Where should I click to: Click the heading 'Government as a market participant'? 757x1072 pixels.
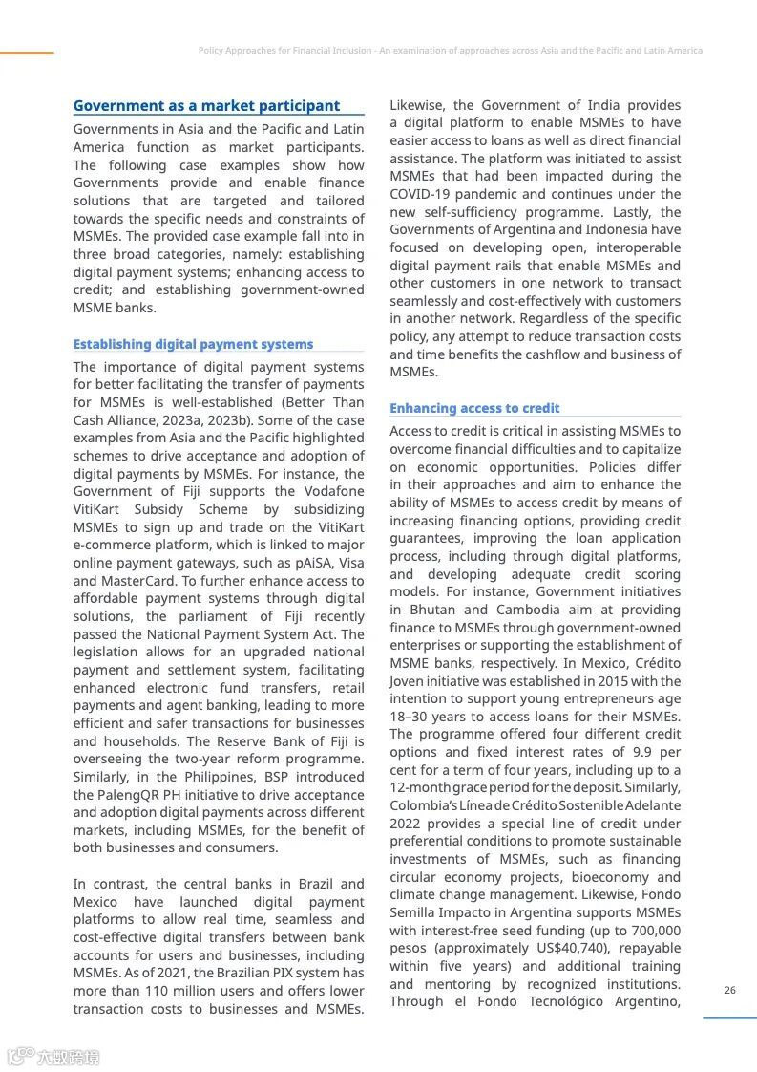pos(206,106)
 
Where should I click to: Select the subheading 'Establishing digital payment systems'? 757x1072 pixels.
pos(193,344)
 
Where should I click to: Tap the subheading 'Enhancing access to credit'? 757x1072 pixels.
pos(474,408)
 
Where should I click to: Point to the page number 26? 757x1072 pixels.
pos(730,990)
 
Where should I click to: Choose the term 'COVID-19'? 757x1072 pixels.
pos(420,194)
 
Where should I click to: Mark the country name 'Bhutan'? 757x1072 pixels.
pos(432,610)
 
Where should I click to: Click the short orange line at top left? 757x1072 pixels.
pos(27,53)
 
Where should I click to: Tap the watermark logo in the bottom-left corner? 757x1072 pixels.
pos(53,1057)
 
